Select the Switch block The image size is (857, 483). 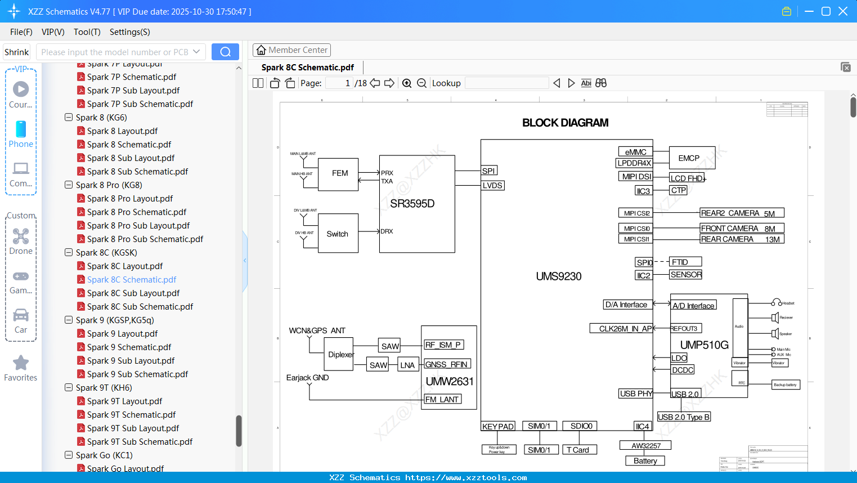click(x=338, y=234)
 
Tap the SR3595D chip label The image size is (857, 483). click(x=412, y=204)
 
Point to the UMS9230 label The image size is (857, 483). click(x=558, y=276)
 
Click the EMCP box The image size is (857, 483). click(x=691, y=158)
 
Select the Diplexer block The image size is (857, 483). click(x=340, y=355)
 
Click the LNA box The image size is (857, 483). click(x=407, y=365)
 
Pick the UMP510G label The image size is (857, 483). click(x=704, y=345)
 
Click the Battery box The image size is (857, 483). click(x=645, y=460)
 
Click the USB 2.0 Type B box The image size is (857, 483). click(x=684, y=417)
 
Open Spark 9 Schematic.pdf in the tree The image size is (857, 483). click(x=129, y=347)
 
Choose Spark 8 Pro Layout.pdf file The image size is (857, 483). click(x=129, y=199)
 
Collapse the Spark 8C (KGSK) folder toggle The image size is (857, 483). click(x=69, y=253)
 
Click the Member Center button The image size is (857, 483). click(x=291, y=50)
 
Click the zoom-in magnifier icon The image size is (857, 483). click(x=407, y=83)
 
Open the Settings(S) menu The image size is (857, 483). click(x=129, y=32)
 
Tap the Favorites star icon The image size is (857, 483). click(x=21, y=363)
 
